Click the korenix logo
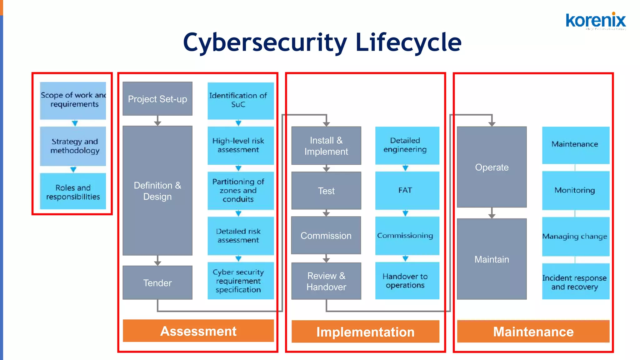pos(596,21)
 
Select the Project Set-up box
pos(157,99)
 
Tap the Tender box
pos(157,282)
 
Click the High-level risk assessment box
pos(241,145)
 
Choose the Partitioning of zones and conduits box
pos(241,190)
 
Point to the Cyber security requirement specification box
pos(241,281)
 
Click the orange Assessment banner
pos(198,331)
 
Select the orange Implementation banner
pos(365,332)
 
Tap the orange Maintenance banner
pos(533,331)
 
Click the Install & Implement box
pos(326,146)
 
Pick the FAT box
pos(407,190)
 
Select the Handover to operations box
pos(407,281)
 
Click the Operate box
pos(492,167)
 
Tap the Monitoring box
pos(576,190)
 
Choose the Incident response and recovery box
pos(576,282)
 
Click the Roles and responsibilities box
pos(73,192)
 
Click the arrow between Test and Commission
pos(326,213)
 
